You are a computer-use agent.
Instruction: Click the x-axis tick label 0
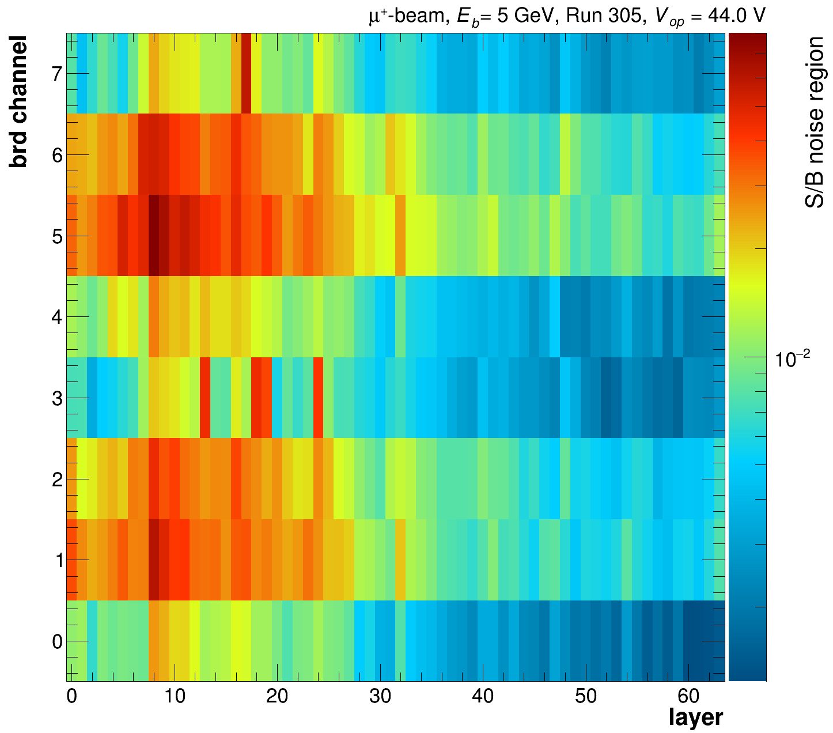pos(71,697)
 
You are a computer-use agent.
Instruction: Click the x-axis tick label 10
pos(174,697)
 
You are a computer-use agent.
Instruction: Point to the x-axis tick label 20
pos(277,697)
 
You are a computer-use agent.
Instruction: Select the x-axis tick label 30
pos(380,697)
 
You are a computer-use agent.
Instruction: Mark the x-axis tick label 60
pos(689,697)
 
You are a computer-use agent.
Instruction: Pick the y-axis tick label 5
pos(56,236)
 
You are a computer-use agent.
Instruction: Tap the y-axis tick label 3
pos(56,398)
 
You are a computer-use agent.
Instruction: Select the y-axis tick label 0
pos(56,641)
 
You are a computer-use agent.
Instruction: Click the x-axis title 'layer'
pos(696,718)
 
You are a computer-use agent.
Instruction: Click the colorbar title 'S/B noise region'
pos(815,122)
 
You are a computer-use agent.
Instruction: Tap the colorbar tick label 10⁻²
pos(793,360)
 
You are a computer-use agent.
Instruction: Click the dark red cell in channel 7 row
pos(246,74)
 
